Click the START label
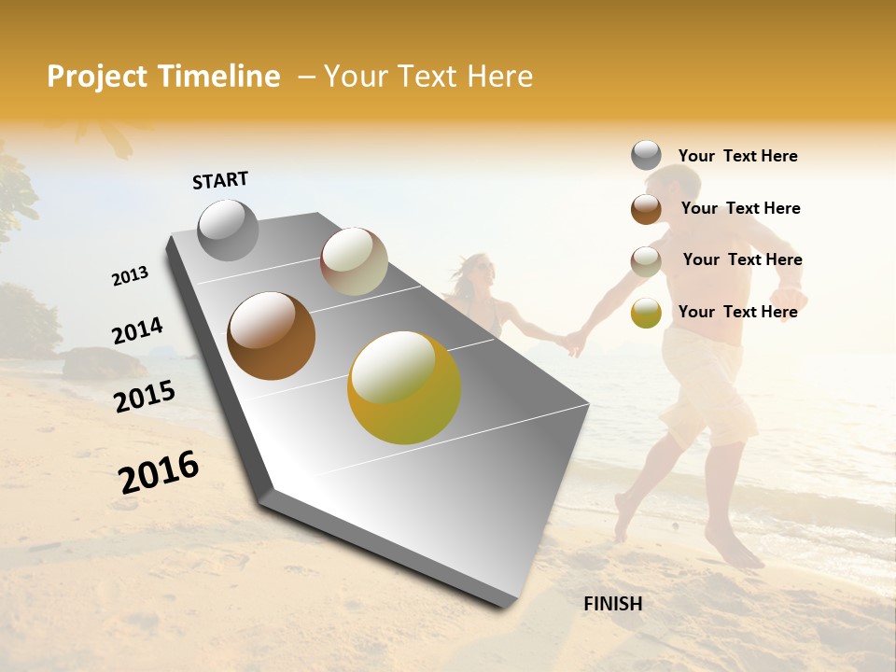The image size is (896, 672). point(220,180)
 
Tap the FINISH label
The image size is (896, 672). point(612,604)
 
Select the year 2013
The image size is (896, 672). point(130,276)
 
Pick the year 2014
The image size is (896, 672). point(137,331)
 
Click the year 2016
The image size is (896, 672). point(159,472)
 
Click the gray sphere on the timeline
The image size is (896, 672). point(228,230)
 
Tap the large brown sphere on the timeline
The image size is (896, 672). point(271,336)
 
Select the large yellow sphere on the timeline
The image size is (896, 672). point(403,387)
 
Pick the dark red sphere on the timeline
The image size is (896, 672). point(354,261)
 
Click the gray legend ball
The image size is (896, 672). point(646,156)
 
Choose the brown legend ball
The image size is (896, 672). point(646,209)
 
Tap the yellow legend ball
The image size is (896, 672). point(646,313)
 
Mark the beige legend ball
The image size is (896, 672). point(646,261)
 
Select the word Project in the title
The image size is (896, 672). point(98,77)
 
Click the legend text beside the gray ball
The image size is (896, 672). point(737,156)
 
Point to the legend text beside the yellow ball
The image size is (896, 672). point(737,312)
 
